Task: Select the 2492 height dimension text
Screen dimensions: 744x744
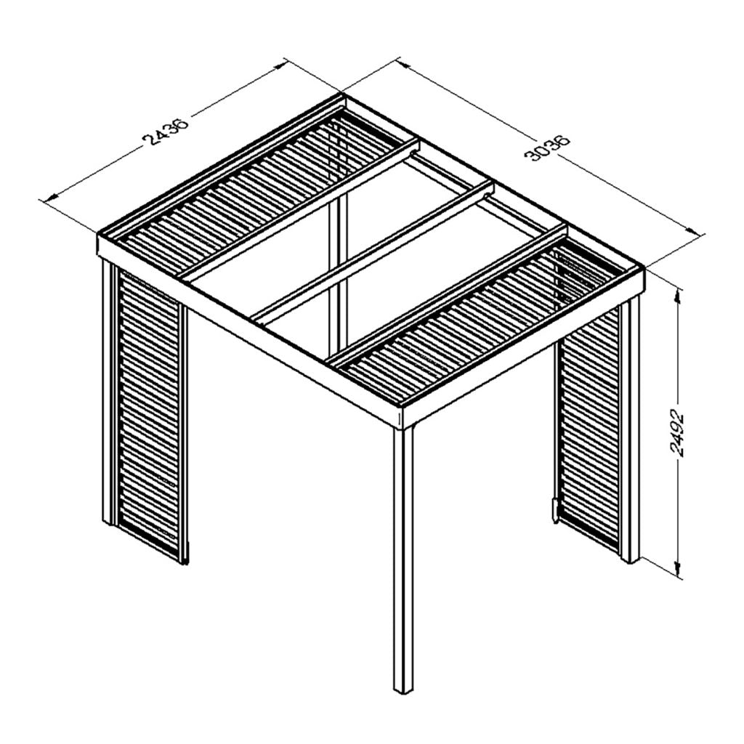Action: coord(676,435)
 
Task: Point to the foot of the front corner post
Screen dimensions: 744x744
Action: coord(402,687)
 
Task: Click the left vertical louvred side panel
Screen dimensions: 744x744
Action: coord(149,414)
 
